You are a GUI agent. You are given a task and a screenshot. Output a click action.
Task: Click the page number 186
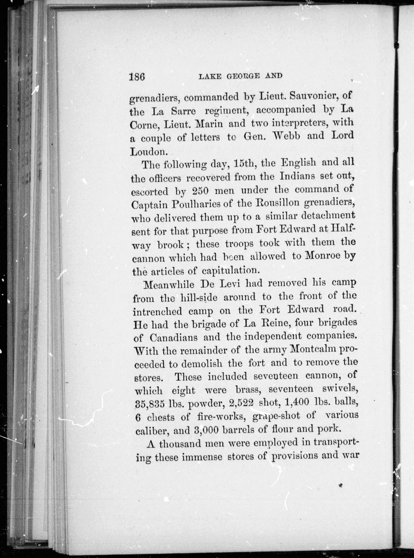coord(137,76)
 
